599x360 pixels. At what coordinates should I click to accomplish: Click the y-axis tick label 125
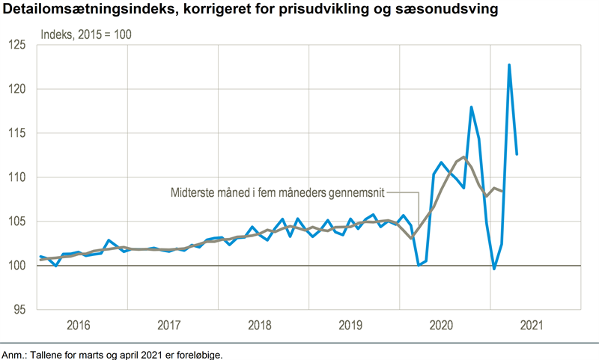17,45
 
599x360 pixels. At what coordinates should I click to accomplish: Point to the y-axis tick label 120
17,89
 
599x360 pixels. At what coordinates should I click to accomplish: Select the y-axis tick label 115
17,133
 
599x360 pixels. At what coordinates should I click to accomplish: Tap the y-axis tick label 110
17,177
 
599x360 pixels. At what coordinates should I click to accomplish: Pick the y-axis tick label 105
17,222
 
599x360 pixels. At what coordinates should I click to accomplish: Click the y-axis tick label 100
17,266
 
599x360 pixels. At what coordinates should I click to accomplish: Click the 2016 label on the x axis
79,326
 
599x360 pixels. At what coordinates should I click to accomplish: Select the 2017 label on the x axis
170,326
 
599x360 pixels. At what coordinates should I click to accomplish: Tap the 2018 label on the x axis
261,326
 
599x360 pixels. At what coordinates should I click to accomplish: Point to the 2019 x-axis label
351,326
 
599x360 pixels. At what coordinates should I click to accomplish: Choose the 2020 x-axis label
442,326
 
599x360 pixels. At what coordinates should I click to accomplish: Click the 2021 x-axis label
532,326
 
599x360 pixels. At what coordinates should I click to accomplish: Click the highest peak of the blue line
509,65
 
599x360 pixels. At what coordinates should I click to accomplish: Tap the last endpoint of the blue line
517,154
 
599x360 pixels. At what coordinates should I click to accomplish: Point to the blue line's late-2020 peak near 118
472,107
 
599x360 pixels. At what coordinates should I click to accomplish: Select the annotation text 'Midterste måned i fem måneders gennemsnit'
276,192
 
